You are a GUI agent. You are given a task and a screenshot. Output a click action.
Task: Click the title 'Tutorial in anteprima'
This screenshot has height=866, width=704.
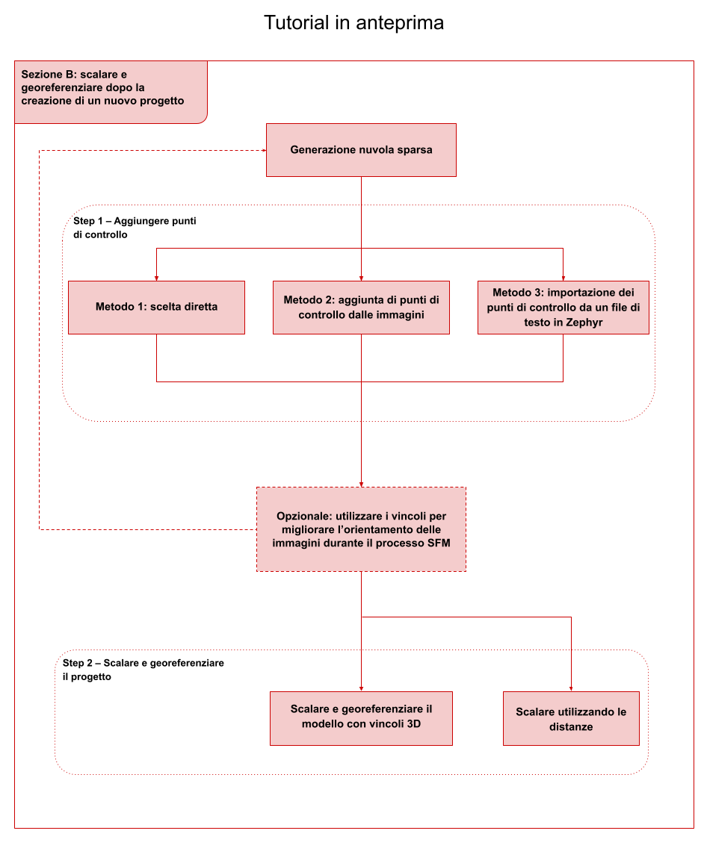[354, 22]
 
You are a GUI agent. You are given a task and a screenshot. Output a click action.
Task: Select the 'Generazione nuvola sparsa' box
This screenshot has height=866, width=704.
[361, 150]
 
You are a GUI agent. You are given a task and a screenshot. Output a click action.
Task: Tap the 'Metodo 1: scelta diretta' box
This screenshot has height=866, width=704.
[156, 308]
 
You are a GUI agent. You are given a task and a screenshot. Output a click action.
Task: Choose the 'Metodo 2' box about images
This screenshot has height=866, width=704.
[361, 308]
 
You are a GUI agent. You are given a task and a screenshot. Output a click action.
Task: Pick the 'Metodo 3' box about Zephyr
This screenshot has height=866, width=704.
[563, 308]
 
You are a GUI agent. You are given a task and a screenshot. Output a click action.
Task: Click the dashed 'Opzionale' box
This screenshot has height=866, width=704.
[361, 529]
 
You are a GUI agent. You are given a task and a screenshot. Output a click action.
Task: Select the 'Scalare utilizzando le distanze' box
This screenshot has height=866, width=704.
[571, 718]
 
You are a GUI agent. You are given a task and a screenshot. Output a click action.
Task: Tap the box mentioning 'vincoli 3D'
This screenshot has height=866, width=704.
[361, 718]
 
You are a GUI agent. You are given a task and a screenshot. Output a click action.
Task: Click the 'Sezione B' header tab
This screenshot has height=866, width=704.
[111, 93]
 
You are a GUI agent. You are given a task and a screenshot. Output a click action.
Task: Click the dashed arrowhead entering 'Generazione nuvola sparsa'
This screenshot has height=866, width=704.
[264, 150]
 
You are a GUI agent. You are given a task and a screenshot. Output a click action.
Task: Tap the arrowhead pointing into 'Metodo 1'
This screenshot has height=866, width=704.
[156, 278]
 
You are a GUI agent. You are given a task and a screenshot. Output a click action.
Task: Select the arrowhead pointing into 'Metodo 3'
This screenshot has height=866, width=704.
[563, 278]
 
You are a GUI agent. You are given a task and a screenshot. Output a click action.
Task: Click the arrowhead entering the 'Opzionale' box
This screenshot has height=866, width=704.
[361, 485]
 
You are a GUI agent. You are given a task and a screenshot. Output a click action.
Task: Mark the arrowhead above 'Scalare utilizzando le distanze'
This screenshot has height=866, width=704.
[571, 689]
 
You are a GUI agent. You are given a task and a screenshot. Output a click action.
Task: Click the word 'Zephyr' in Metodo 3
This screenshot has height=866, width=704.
[584, 323]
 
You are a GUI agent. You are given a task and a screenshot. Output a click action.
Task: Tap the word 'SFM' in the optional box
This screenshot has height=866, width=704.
[438, 543]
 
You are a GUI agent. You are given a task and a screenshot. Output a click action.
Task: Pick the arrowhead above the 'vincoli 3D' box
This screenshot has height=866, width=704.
[361, 689]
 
